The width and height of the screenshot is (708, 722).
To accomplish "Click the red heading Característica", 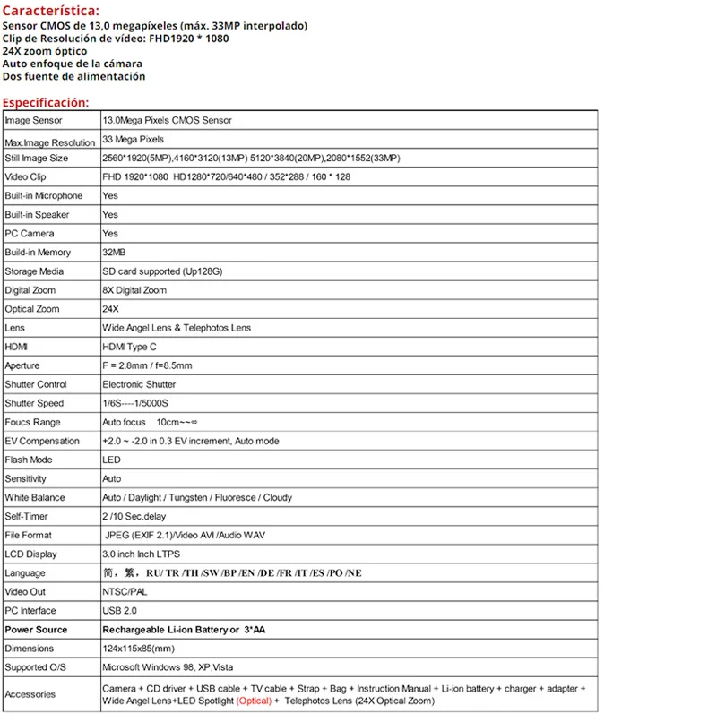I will click(50, 11).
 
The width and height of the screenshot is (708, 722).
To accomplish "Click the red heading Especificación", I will click(46, 102).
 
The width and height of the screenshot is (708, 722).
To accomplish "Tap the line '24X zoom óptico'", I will click(45, 51).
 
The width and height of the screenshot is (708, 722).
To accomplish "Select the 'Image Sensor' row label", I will click(34, 120).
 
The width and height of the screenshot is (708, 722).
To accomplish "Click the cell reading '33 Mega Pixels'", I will click(134, 140).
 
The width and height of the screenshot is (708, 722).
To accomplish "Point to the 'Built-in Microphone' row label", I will click(43, 195).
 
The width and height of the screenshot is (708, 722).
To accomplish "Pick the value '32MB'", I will click(114, 253).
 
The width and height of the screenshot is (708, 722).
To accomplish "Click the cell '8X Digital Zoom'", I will click(134, 290).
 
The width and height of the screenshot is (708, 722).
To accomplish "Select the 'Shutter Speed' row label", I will click(34, 403).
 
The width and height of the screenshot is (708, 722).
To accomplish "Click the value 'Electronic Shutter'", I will click(140, 384).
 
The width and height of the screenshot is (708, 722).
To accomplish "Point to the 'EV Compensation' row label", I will click(42, 441).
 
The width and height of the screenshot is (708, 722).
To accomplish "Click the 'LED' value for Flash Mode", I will click(111, 460).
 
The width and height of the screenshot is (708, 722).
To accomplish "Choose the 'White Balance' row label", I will click(35, 497).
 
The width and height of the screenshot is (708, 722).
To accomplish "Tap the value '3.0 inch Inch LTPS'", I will click(142, 554).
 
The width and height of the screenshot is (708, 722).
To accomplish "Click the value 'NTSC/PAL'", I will click(125, 592).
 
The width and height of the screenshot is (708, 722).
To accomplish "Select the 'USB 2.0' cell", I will click(119, 611).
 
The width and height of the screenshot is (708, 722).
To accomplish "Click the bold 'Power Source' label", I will click(37, 630).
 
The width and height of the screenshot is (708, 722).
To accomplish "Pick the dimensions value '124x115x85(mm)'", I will click(139, 649).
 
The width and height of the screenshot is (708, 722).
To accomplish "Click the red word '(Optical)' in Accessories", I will click(254, 701).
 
